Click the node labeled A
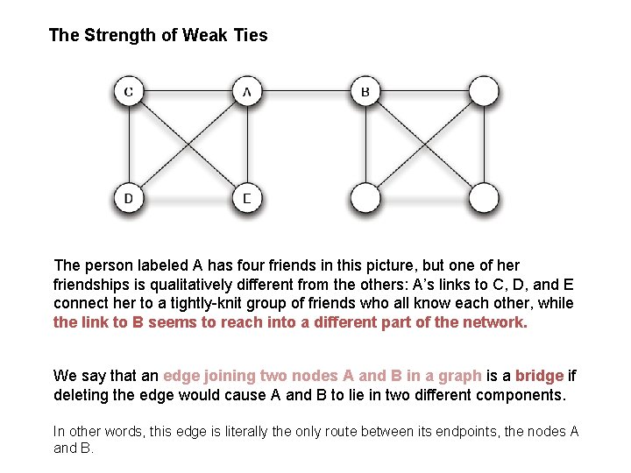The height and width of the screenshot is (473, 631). coord(247,91)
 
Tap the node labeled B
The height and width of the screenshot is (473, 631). coord(365,91)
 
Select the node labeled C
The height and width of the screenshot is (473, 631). coord(129,91)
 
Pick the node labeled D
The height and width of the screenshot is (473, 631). coord(129,198)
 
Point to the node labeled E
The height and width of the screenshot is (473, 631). coord(247,198)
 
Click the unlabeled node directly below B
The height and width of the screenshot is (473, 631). coord(365,198)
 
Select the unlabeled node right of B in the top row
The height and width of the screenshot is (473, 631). coord(483,91)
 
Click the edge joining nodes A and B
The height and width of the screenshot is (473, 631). coord(307,91)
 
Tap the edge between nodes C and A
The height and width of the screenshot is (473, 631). coord(188,91)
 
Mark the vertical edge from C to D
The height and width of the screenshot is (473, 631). coord(129,145)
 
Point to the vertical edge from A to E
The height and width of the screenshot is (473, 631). coord(247,145)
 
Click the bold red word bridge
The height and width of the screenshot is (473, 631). coord(539,376)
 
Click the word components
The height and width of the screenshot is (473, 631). coord(521,395)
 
